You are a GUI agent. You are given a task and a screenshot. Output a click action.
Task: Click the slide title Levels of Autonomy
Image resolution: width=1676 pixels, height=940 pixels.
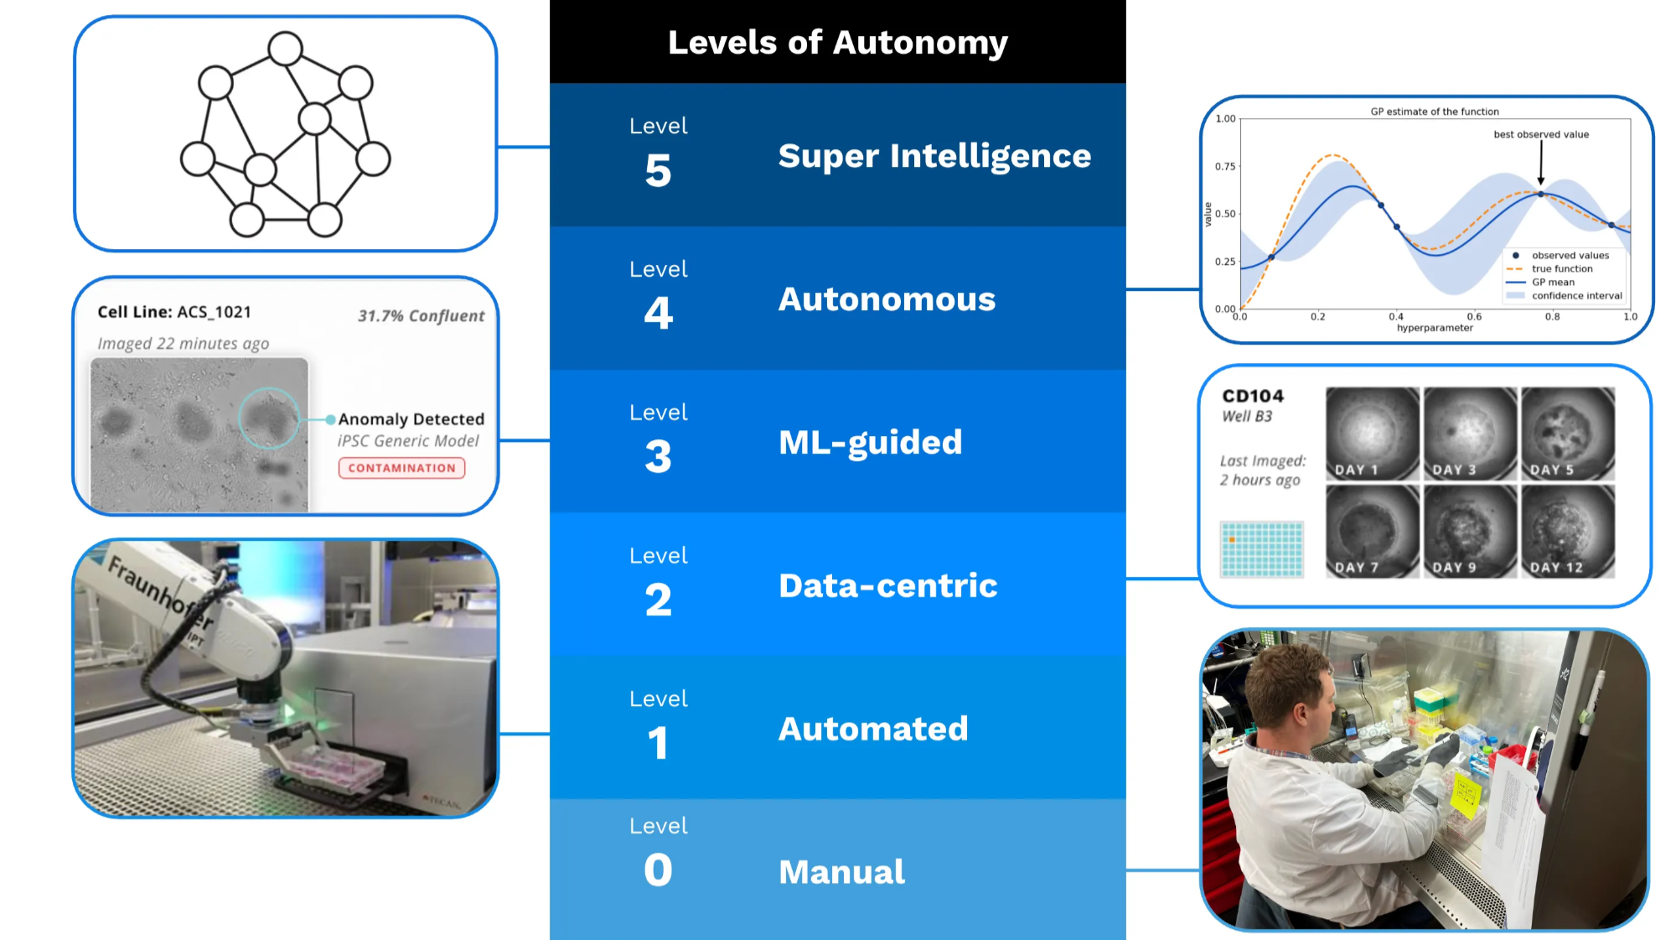[x=837, y=42]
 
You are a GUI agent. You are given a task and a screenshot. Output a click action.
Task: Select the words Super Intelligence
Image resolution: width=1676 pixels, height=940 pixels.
[x=934, y=156]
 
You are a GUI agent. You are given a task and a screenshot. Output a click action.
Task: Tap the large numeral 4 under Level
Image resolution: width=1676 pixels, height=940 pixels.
[x=658, y=314]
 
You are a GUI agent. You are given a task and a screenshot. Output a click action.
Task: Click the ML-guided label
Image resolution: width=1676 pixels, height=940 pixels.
[x=870, y=443]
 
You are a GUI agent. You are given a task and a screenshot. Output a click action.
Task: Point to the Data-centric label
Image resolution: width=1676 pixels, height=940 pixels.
[x=887, y=586]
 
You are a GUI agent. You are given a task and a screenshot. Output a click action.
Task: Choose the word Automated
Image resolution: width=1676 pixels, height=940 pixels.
[x=873, y=729]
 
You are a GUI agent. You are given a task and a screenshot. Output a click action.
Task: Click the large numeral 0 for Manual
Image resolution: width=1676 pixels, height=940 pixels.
[x=658, y=870]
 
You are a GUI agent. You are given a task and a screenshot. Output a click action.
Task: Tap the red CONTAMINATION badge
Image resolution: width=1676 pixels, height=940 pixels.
[x=401, y=468]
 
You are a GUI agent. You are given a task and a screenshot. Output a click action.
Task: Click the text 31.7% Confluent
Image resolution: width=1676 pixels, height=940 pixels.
[x=421, y=316]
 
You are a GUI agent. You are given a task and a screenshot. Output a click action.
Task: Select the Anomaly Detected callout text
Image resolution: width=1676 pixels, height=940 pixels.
[x=411, y=419]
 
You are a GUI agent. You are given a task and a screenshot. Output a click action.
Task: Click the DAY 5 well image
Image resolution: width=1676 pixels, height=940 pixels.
[x=1567, y=434]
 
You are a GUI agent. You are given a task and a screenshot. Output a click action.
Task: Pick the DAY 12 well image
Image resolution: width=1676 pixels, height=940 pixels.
[x=1567, y=532]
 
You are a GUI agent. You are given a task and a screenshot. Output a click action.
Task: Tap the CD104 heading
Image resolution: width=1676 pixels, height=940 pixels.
[x=1253, y=396]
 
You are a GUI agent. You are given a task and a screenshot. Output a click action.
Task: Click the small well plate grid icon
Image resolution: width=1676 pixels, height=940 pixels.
[x=1262, y=549]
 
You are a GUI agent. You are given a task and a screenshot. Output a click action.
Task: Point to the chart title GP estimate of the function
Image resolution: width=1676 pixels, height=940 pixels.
[x=1434, y=112]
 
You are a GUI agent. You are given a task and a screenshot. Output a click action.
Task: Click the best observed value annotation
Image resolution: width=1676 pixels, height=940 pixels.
[x=1540, y=134]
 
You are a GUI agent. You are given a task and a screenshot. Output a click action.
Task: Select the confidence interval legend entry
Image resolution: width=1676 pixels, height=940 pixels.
[x=1576, y=296]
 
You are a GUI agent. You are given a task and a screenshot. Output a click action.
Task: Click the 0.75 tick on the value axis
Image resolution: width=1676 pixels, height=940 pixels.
[x=1225, y=166]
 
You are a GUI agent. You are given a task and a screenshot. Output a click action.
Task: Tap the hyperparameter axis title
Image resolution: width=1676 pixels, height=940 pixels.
[x=1434, y=328]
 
